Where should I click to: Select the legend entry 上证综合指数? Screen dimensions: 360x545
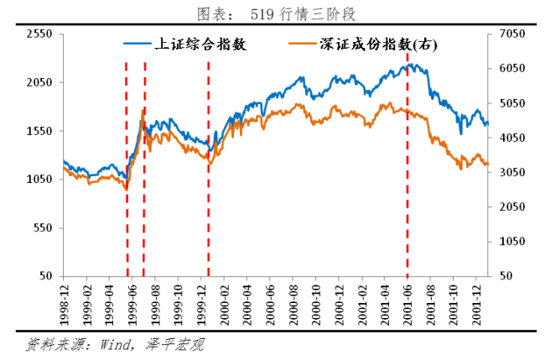pos(198,44)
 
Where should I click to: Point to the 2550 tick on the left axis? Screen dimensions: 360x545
pos(39,34)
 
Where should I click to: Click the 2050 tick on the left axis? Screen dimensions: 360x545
pos(39,82)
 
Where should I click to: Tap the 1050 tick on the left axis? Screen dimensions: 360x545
pos(39,180)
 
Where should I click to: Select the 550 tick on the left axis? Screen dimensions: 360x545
pos(43,228)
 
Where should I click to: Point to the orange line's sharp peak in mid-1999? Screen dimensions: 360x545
pos(143,110)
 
